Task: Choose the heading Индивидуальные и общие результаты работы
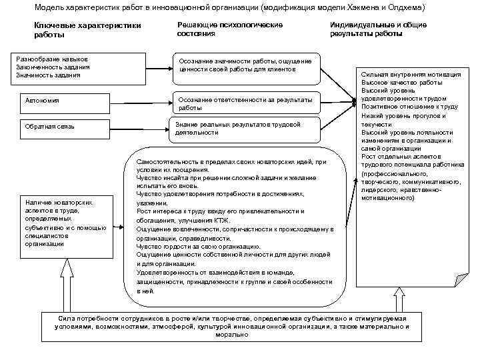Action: tap(377, 29)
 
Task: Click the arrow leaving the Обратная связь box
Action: tap(147, 126)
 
